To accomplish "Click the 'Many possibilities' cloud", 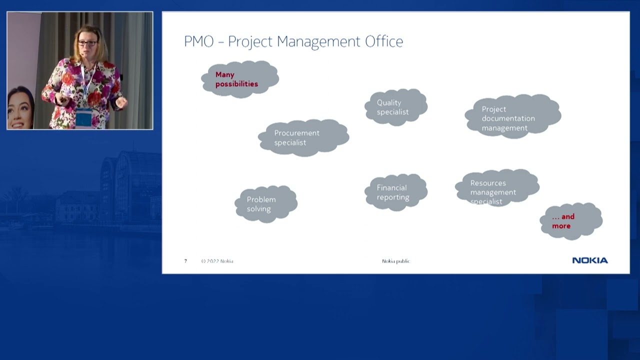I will tap(240, 79).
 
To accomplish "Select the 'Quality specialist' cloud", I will tap(396, 107).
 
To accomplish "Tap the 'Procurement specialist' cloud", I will tap(303, 137).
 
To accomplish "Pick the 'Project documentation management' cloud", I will tap(513, 116).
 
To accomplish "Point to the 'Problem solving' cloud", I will tap(266, 203).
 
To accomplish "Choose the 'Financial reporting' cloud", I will tap(396, 192).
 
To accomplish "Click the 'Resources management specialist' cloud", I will tap(497, 188).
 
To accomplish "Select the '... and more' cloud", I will tap(571, 221).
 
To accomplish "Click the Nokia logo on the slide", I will tap(590, 260).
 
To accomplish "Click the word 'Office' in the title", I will tap(383, 41).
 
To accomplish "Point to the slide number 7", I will tap(185, 261).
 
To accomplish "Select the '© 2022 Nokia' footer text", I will tap(217, 261).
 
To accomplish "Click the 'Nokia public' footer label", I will tap(396, 261).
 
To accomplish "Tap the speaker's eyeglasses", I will tap(87, 43).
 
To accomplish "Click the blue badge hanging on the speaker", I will tap(83, 118).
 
